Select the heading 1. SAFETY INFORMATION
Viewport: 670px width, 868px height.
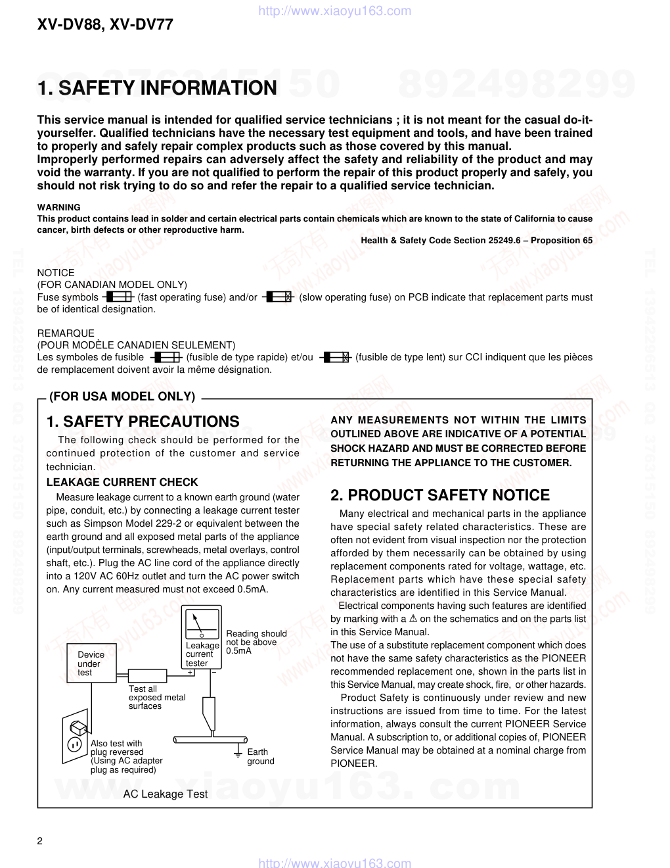click(157, 88)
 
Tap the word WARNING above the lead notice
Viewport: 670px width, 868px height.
click(58, 207)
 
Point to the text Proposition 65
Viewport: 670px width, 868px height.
click(562, 240)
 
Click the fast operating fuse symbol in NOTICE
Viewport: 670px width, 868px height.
click(119, 297)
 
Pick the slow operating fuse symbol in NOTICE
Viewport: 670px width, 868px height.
click(279, 297)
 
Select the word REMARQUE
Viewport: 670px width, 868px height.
click(66, 333)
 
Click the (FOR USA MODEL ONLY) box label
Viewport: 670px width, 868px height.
click(122, 397)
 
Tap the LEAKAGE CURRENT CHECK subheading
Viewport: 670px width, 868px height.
click(122, 482)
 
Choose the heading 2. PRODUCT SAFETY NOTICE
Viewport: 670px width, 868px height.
click(440, 495)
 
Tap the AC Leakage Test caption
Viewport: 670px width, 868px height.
click(166, 794)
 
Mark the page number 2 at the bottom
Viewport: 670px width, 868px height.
click(40, 842)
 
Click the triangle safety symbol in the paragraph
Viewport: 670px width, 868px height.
click(413, 619)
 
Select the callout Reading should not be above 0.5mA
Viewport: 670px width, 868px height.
click(256, 642)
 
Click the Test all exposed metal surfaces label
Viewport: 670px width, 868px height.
click(156, 697)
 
